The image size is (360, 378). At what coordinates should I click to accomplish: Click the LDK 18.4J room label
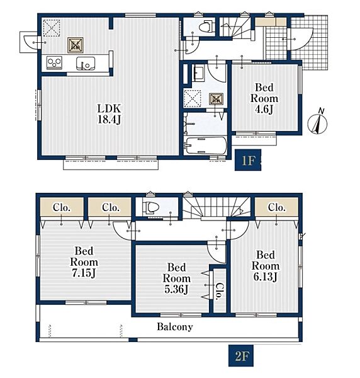point(109,114)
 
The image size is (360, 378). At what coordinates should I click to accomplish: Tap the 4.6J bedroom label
point(264,98)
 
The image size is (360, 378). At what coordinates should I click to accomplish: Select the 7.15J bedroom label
point(84,262)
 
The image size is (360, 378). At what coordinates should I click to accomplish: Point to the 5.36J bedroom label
point(176,278)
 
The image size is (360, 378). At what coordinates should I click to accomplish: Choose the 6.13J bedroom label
point(266,266)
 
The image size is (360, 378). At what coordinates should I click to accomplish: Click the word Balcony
point(175,327)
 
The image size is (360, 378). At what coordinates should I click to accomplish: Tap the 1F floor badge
point(248,160)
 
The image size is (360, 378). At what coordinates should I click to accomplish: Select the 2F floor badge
point(241,355)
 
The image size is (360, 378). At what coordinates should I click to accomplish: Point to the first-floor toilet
point(207,26)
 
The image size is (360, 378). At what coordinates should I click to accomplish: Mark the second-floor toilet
point(151,207)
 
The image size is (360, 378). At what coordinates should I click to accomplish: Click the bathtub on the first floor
point(206,146)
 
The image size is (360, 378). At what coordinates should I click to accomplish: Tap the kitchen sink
point(86,63)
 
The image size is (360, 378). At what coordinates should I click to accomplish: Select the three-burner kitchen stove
point(54,62)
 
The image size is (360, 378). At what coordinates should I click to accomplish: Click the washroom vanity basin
point(198,73)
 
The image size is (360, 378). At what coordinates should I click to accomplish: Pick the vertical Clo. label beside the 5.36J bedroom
point(220,292)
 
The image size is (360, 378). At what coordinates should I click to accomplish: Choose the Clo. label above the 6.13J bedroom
point(277,207)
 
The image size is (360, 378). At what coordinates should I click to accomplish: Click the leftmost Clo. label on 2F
point(62,207)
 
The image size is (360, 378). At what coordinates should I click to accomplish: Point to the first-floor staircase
point(235,27)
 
